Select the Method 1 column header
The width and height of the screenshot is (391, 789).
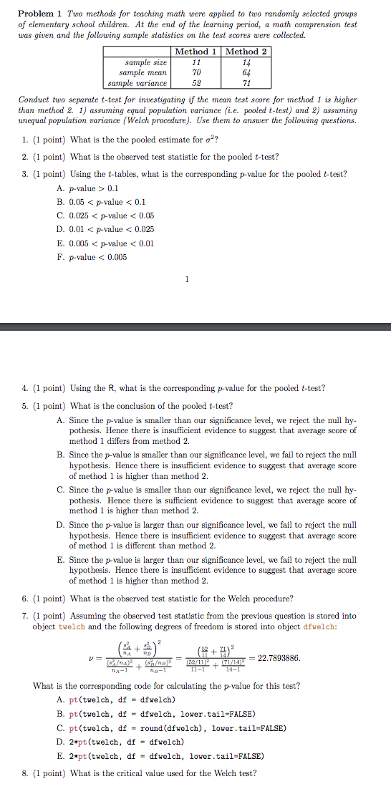[x=196, y=52]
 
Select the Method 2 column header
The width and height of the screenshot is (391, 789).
[x=246, y=52]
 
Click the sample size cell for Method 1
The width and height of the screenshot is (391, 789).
[x=196, y=62]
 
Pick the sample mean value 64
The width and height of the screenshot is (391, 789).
[x=246, y=72]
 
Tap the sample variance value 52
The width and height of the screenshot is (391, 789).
[x=196, y=82]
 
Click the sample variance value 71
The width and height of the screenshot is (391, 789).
[x=246, y=82]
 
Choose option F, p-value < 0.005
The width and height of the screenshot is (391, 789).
[x=97, y=257]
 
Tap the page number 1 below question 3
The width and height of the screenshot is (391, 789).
[x=188, y=280]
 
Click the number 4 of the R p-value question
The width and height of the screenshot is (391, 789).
[x=25, y=389]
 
